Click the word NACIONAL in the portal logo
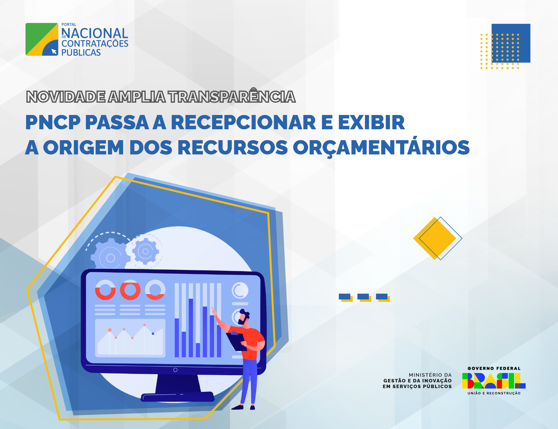(x=95, y=33)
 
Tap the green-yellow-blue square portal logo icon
(x=42, y=39)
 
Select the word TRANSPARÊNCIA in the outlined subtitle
(x=231, y=97)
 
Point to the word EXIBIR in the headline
(x=371, y=122)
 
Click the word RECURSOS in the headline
(x=233, y=148)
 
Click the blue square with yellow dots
(x=511, y=43)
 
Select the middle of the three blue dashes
(x=364, y=297)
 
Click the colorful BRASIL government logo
(x=494, y=381)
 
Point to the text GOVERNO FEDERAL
(x=494, y=368)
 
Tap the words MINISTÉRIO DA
(x=430, y=375)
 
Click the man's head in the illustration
(x=244, y=317)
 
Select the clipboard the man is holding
(x=237, y=341)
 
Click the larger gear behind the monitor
(x=110, y=255)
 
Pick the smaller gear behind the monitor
(x=145, y=251)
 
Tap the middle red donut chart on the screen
(x=130, y=290)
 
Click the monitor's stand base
(x=177, y=397)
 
